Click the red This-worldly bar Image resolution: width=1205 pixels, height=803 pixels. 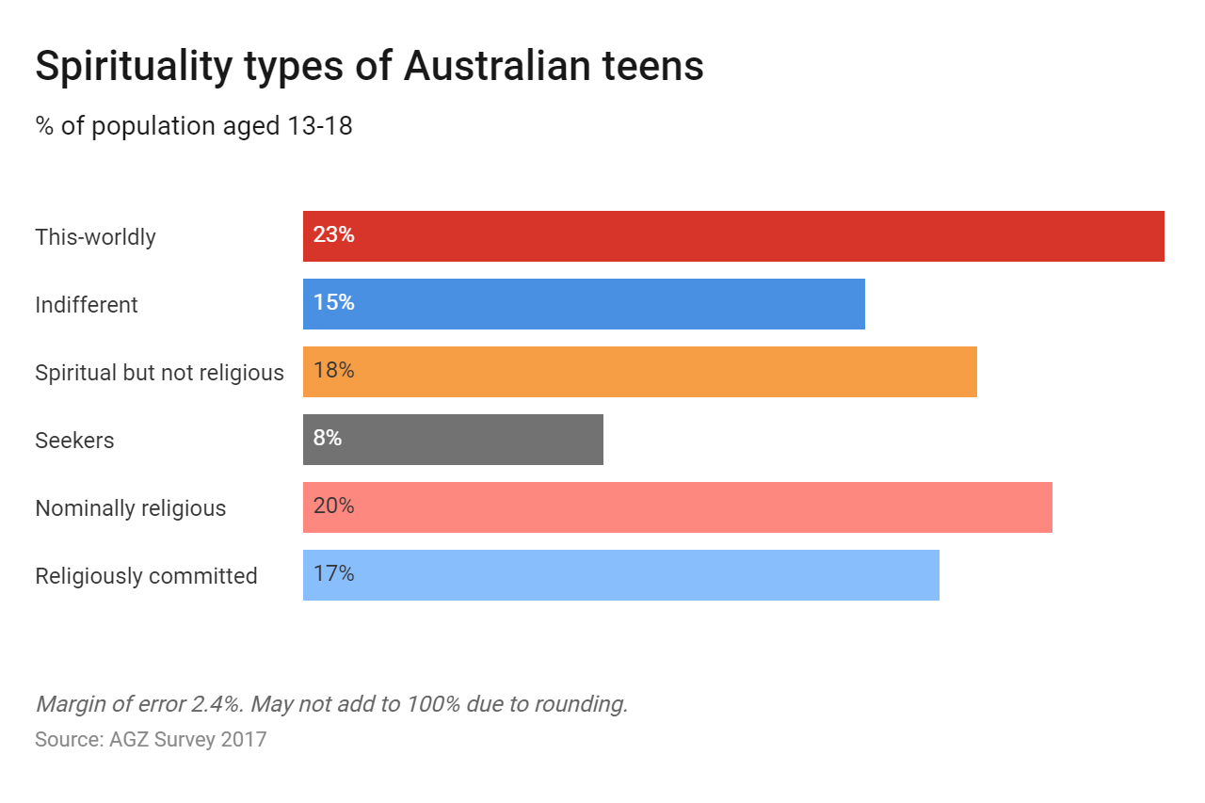(x=733, y=236)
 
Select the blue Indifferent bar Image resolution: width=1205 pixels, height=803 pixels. (x=584, y=304)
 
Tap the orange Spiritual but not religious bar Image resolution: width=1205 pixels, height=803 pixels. (x=640, y=372)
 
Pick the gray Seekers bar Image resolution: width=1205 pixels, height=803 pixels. (x=453, y=440)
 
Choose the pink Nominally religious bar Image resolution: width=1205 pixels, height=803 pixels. (x=678, y=507)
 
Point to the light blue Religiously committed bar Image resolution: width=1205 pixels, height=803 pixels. (x=621, y=575)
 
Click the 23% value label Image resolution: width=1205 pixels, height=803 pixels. (x=333, y=235)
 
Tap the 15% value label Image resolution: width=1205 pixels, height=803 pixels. (x=333, y=303)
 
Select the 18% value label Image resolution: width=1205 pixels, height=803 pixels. (x=333, y=371)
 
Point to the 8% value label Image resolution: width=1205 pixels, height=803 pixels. (x=328, y=439)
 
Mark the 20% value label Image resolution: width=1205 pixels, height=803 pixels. (x=333, y=506)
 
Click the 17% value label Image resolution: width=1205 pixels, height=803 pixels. (x=333, y=574)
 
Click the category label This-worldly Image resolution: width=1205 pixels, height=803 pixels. (x=95, y=237)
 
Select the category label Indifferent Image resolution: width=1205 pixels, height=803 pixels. (x=87, y=305)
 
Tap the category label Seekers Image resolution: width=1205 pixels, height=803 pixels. (x=74, y=441)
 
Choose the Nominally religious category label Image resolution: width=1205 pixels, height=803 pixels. (x=131, y=508)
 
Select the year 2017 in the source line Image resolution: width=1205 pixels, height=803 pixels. (x=244, y=739)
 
